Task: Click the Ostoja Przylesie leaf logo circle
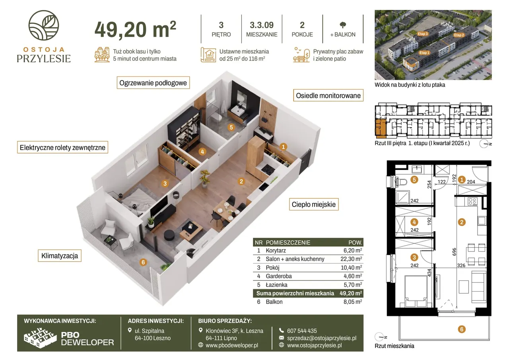coord(44,25)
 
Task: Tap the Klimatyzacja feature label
coord(60,256)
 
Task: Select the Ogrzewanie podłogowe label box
coord(153,83)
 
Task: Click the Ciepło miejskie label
coord(314,204)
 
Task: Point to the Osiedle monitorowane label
coord(328,95)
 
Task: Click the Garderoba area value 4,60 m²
coord(352,276)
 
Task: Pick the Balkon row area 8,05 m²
coord(352,302)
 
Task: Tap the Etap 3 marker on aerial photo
coord(423,34)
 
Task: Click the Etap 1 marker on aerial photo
coord(424,53)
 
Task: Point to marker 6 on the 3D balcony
coord(143,262)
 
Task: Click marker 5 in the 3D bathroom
coord(231,127)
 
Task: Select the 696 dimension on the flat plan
coord(454,252)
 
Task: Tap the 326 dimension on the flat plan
coord(461,265)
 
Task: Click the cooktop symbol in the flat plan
coord(472,201)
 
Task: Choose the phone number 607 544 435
coord(302,331)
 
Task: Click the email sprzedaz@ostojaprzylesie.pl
coord(322,338)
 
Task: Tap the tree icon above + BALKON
coord(343,25)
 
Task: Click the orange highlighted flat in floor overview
coord(381,128)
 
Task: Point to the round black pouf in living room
coord(169,235)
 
